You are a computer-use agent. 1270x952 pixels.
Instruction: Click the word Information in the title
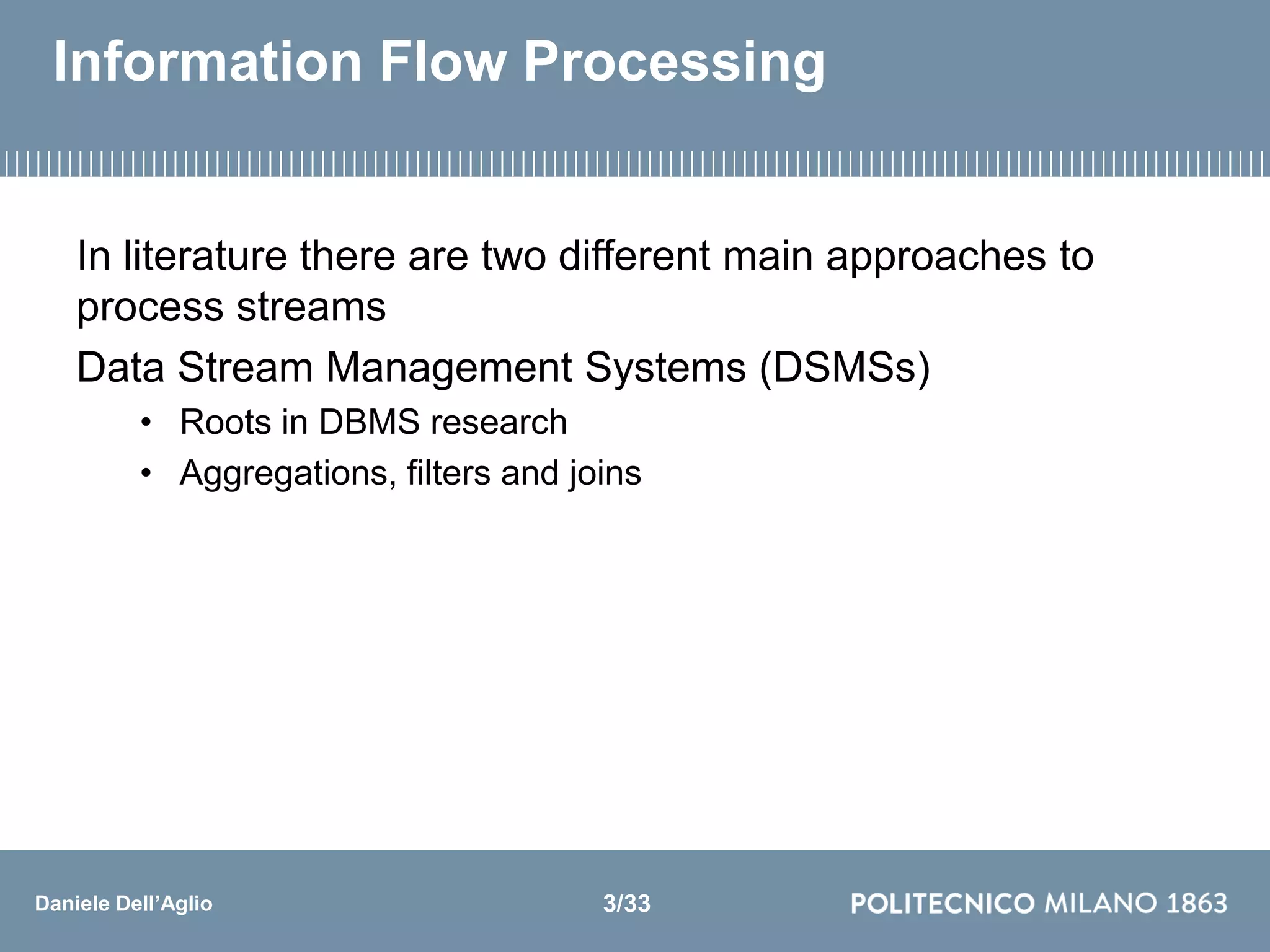click(208, 62)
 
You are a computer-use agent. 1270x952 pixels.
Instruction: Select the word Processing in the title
click(674, 62)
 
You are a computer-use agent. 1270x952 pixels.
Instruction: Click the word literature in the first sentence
click(205, 256)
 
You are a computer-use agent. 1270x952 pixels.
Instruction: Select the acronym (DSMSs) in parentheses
click(845, 368)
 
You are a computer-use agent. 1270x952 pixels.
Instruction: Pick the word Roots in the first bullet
click(226, 423)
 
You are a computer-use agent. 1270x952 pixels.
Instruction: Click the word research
click(499, 423)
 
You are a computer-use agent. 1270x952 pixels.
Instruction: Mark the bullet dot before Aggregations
click(146, 474)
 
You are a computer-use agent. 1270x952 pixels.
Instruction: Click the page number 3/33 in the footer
click(626, 904)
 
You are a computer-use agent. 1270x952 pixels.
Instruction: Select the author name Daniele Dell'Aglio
click(124, 904)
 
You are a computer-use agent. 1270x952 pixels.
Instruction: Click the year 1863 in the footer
click(1196, 904)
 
